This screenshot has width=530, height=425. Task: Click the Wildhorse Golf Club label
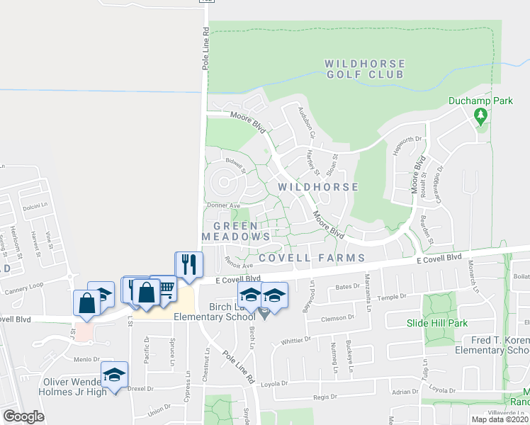364,69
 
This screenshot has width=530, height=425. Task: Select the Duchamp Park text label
480,101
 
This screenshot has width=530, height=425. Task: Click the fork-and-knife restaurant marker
188,266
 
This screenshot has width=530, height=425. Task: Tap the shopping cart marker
164,289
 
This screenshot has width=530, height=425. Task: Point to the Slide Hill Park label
436,323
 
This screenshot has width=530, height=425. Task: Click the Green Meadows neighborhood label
236,231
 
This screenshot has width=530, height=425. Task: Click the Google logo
23,416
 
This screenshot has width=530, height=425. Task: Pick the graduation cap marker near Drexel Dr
113,375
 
